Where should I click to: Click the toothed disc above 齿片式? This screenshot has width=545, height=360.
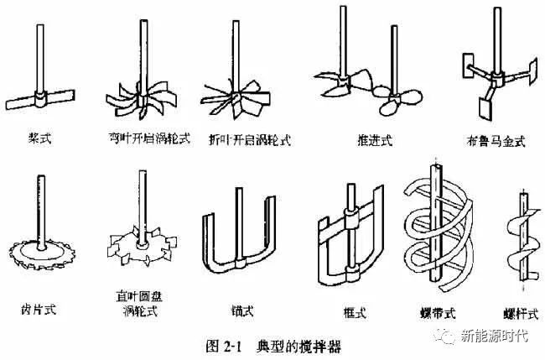pyautogui.click(x=39, y=246)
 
